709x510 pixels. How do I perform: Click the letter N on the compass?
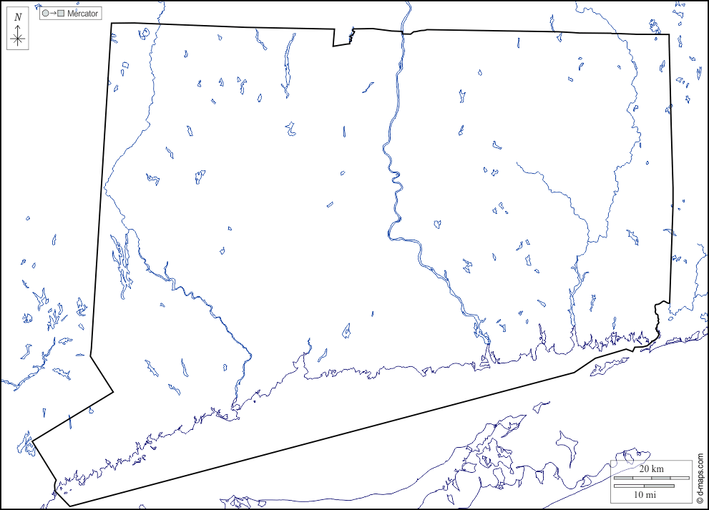coord(19,16)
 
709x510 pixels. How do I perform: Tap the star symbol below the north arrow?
coord(19,39)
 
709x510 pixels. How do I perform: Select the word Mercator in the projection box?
coord(82,14)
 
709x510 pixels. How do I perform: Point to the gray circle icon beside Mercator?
coord(45,14)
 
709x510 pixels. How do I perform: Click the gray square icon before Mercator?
coord(62,14)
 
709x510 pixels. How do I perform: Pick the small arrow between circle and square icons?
coord(53,14)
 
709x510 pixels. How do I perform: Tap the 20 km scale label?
coord(651,469)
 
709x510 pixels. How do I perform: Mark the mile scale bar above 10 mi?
coord(644,486)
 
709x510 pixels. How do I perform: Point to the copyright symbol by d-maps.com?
coord(700,500)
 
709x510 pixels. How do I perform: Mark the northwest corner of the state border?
coord(112,24)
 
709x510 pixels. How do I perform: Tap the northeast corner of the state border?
coord(670,34)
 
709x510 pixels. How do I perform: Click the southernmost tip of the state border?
coord(70,506)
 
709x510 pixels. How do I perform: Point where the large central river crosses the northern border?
coord(406,32)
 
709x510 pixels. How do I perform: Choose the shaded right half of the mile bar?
coord(659,486)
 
